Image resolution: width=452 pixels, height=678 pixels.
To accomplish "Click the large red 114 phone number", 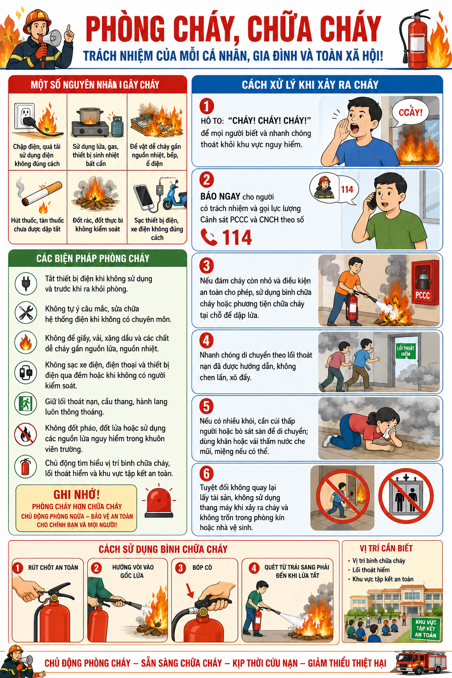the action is [x=237, y=237].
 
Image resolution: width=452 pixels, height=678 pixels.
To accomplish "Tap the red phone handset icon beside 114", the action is [x=209, y=237].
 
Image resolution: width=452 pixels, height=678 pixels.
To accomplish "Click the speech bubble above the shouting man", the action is [x=410, y=113].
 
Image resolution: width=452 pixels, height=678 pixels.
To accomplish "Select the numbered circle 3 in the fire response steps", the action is [x=207, y=265].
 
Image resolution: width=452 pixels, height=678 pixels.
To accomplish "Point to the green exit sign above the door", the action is [x=406, y=351].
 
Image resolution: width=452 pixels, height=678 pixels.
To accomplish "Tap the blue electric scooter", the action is [x=175, y=197].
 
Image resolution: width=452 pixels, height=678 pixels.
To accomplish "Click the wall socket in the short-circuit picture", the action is [x=24, y=116].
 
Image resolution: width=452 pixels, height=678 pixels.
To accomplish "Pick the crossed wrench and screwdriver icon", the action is [x=26, y=313].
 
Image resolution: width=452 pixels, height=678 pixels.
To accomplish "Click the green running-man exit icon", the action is [x=26, y=403].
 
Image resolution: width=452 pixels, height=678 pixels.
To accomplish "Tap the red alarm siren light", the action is [x=158, y=503].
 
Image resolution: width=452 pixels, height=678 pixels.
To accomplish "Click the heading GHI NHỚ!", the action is [x=77, y=494].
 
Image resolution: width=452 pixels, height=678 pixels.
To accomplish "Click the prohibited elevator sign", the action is [x=406, y=496].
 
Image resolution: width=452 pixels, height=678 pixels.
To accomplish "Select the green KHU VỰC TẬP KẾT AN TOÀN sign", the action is [x=426, y=628].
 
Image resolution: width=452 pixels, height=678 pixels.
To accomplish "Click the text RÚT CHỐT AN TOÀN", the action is [x=53, y=568].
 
